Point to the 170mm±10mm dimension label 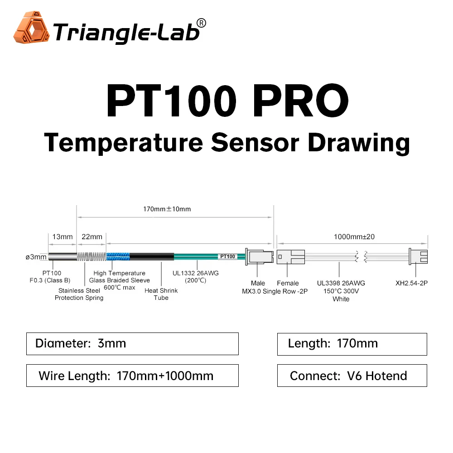[167, 209]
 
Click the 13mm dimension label [63, 236]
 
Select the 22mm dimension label [92, 236]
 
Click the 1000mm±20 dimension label [354, 236]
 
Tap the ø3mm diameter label [36, 257]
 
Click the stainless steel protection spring [92, 257]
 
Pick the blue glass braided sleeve [118, 257]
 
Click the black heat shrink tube [152, 257]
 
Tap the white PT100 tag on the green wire [227, 256]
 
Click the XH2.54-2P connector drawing [418, 257]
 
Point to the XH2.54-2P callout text [411, 283]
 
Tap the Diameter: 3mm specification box [132, 343]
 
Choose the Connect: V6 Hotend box [352, 376]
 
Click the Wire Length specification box [132, 376]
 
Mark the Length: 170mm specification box [352, 343]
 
